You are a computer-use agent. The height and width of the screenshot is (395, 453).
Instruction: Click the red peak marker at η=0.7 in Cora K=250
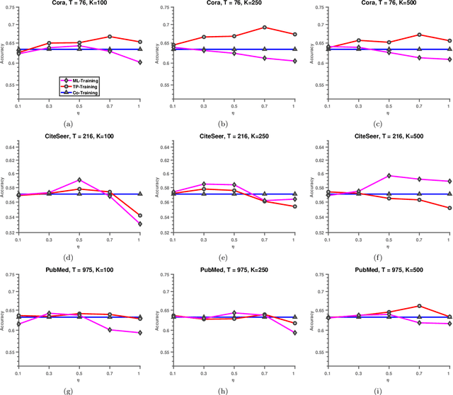click(x=264, y=28)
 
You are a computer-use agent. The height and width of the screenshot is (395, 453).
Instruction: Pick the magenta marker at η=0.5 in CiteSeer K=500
click(x=387, y=175)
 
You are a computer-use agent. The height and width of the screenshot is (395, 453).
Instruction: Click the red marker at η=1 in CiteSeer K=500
click(x=449, y=208)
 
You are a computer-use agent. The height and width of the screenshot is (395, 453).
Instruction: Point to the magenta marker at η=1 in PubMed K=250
click(x=294, y=333)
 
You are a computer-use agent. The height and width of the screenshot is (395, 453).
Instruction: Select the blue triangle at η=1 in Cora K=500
click(x=449, y=49)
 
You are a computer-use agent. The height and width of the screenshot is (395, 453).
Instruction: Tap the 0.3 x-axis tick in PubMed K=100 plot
click(x=48, y=372)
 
